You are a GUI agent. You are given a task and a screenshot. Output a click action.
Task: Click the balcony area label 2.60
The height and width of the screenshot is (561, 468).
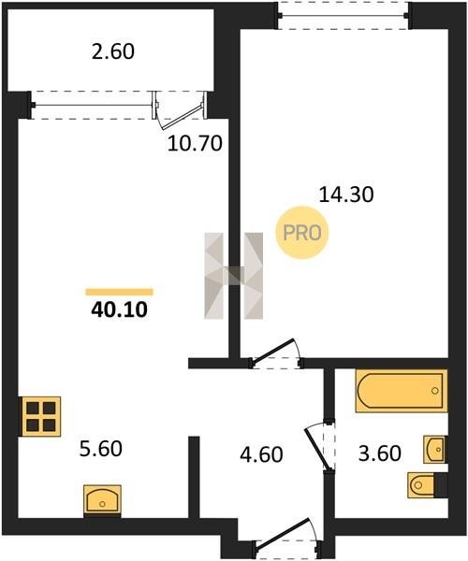113,51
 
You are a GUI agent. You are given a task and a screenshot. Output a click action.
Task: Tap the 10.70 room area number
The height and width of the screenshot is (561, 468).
195,144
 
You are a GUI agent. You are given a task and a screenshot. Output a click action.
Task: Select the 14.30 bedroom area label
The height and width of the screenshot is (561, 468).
346,195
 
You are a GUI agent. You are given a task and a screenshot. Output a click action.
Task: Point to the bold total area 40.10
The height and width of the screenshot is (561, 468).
119,309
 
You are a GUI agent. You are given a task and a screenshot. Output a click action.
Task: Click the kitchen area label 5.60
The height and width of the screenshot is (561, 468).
100,449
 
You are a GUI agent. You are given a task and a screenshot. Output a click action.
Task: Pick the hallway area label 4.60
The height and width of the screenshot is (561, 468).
261,454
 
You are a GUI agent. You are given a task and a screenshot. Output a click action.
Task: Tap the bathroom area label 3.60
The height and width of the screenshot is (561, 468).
380,453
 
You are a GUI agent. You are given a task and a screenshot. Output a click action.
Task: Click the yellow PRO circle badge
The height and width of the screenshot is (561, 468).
302,233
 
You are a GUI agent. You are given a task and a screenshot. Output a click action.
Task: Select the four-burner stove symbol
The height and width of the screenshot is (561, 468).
41,416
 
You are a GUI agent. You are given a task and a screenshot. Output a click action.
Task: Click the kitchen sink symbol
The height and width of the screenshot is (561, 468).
102,499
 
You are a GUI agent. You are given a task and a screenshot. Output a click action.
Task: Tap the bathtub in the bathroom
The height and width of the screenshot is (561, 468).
402,391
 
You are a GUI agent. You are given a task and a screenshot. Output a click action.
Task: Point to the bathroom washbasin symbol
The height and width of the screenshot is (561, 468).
434,450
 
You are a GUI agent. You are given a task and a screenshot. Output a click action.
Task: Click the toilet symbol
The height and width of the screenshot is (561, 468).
422,484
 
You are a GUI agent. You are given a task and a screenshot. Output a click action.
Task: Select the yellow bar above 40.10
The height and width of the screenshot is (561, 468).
119,292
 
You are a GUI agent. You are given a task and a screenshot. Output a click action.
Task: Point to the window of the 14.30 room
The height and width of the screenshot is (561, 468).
344,15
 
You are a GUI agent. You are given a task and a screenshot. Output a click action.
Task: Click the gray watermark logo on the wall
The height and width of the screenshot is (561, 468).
233,276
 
